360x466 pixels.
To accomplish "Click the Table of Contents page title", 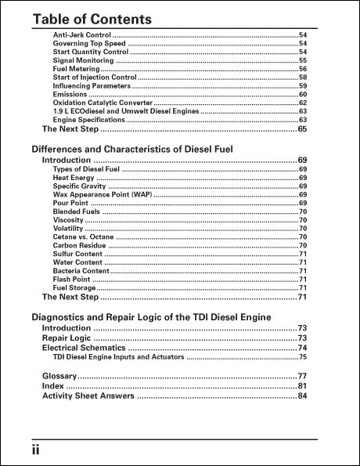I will click(92, 18).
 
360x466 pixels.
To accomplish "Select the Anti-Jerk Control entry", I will click(81, 35).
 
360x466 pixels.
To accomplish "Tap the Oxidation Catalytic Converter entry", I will click(102, 103).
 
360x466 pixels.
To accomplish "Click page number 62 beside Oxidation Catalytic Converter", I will click(302, 103).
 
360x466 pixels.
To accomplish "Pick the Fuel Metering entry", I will click(76, 69).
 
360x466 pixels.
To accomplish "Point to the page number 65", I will click(301, 129).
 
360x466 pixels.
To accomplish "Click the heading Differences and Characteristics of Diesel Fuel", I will click(142, 148).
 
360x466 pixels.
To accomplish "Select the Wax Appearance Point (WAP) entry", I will click(102, 194).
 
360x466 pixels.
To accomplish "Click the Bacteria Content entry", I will click(81, 271).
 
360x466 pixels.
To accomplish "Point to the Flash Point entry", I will click(70, 280).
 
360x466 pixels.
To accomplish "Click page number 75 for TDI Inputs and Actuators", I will click(302, 357).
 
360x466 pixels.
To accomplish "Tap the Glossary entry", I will click(59, 376).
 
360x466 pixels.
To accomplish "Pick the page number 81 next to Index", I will click(301, 386).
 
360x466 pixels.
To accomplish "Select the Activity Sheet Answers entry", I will click(88, 396).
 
